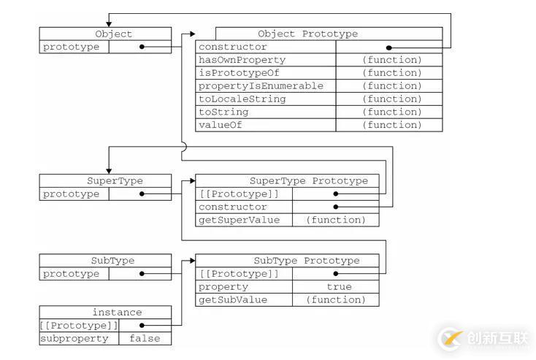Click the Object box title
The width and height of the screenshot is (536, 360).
[x=113, y=34]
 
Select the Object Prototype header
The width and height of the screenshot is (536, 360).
[x=307, y=34]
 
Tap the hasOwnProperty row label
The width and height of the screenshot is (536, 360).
[x=242, y=60]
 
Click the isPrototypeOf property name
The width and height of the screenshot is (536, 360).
[x=238, y=73]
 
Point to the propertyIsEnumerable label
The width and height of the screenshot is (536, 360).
[x=261, y=86]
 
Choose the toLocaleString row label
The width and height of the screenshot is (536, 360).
[x=242, y=99]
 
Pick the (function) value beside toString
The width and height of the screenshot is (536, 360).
[x=391, y=112]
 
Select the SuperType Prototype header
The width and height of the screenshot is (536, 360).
[x=309, y=181]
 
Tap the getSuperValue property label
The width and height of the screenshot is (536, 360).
[x=239, y=220]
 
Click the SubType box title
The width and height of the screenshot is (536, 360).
[x=112, y=261]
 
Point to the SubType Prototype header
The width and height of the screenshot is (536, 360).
[x=307, y=261]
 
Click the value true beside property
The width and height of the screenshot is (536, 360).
[x=339, y=287]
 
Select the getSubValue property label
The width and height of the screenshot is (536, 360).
[x=233, y=300]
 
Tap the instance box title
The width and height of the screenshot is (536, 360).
[x=117, y=313]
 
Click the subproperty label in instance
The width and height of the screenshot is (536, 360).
[x=75, y=339]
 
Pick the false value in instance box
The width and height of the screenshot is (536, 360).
[x=145, y=339]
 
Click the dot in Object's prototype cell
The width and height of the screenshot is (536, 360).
[x=141, y=47]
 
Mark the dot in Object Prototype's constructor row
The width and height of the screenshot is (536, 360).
[x=389, y=47]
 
